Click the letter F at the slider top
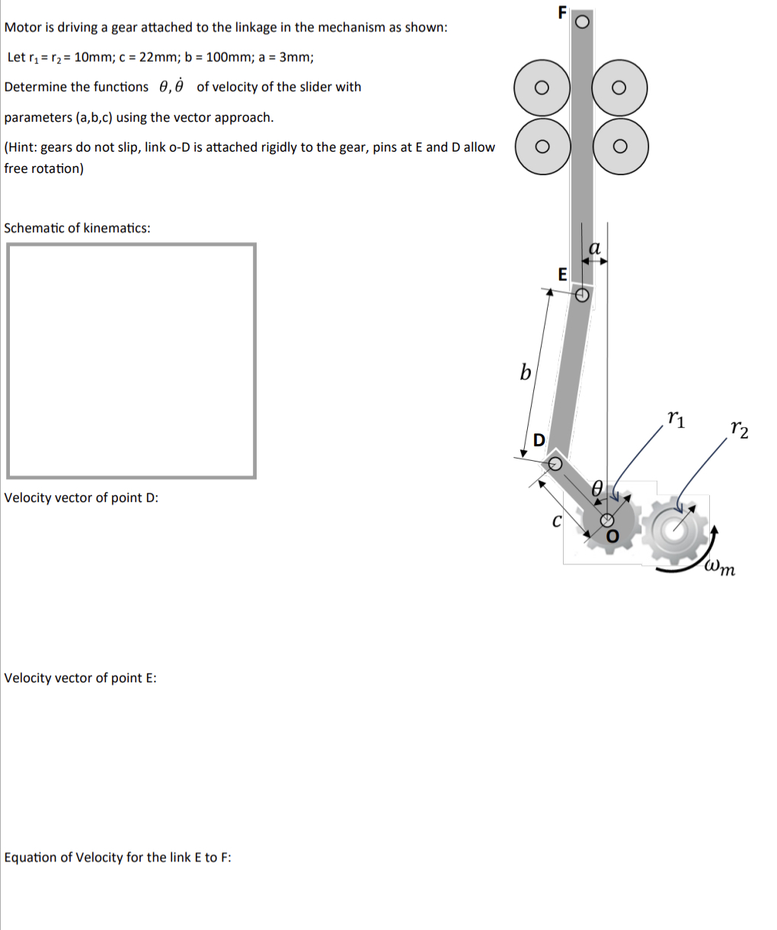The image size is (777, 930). [562, 12]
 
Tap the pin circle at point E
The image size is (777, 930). [582, 294]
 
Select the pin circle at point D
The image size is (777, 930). [556, 462]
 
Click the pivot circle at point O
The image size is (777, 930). [607, 520]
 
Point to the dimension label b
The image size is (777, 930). [525, 372]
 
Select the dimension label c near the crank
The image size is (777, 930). [556, 522]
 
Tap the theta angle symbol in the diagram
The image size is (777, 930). [599, 488]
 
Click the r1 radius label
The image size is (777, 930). [675, 417]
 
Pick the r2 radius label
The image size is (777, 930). [738, 430]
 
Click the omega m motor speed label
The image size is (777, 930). [719, 567]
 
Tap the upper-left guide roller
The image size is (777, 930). [541, 88]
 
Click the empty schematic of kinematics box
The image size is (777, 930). [130, 361]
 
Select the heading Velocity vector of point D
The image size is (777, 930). [81, 498]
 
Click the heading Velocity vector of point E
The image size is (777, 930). [80, 678]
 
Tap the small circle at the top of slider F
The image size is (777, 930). [582, 22]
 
